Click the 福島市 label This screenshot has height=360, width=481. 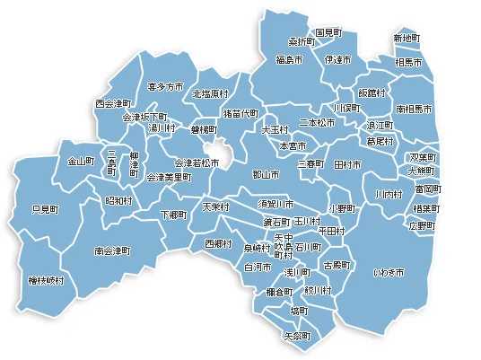(x=289, y=59)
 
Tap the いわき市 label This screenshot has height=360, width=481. (x=389, y=271)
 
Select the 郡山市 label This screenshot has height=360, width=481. (x=267, y=174)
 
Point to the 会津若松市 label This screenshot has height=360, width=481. (x=196, y=162)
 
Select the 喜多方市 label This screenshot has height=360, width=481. (x=164, y=86)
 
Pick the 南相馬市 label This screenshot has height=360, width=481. (x=415, y=107)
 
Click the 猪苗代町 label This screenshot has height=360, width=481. (x=240, y=115)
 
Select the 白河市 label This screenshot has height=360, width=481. (x=258, y=267)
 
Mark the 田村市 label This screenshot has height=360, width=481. (x=347, y=165)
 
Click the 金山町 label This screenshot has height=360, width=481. (x=81, y=162)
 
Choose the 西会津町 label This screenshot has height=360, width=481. (x=114, y=104)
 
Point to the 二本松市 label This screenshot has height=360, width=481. (x=317, y=122)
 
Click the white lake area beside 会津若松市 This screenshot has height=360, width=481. (x=228, y=156)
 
